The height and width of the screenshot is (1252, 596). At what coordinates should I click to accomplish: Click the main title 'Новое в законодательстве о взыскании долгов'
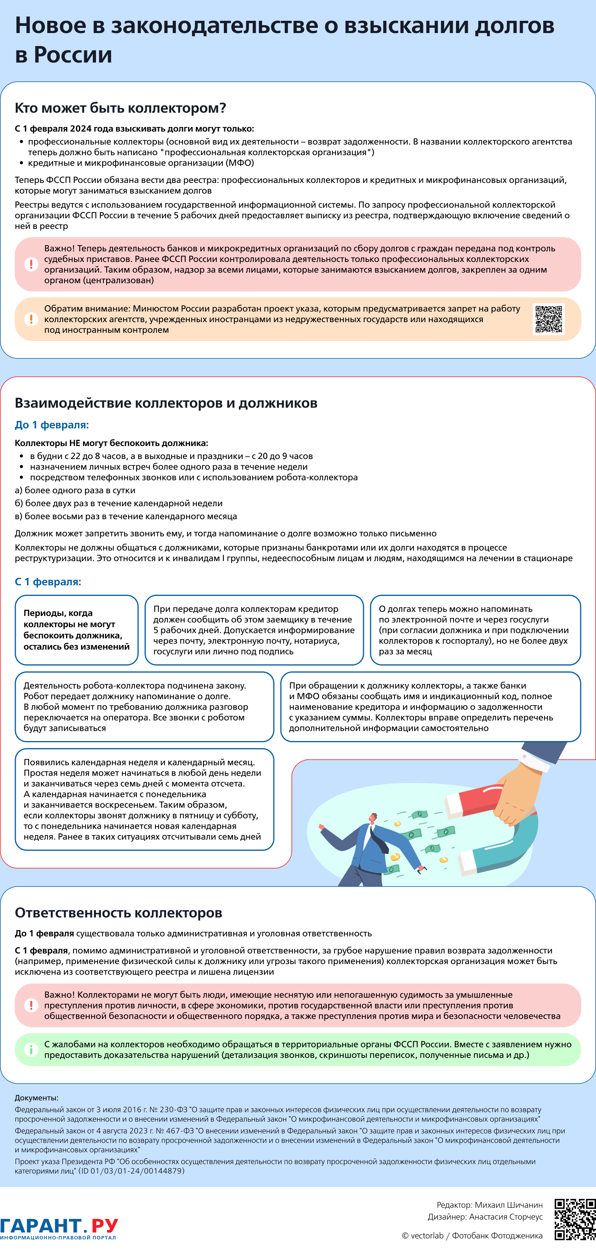click(284, 25)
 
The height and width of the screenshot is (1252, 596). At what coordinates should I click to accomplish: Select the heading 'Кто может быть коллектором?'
click(120, 108)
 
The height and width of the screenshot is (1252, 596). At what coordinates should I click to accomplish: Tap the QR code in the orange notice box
click(549, 319)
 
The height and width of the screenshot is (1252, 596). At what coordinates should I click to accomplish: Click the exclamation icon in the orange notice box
click(31, 319)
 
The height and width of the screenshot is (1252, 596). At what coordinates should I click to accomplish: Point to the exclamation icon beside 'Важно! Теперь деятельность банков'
click(31, 264)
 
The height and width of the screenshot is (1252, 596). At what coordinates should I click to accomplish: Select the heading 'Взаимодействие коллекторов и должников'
click(166, 403)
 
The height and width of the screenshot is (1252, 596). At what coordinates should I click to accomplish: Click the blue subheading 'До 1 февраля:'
click(52, 425)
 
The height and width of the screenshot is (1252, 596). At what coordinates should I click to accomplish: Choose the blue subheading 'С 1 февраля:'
click(48, 582)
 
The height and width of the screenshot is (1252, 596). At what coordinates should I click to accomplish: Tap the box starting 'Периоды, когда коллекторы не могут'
click(77, 630)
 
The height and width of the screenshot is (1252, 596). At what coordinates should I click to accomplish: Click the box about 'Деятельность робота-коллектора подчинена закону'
click(144, 707)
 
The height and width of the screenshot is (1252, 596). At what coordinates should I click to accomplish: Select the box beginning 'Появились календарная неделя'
click(144, 800)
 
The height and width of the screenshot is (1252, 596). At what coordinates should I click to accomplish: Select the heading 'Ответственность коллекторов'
click(118, 913)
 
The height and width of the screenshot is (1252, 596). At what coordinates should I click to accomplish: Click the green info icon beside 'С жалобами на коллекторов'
click(31, 1049)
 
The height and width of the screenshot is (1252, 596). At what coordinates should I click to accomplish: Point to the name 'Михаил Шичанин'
click(509, 1205)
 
